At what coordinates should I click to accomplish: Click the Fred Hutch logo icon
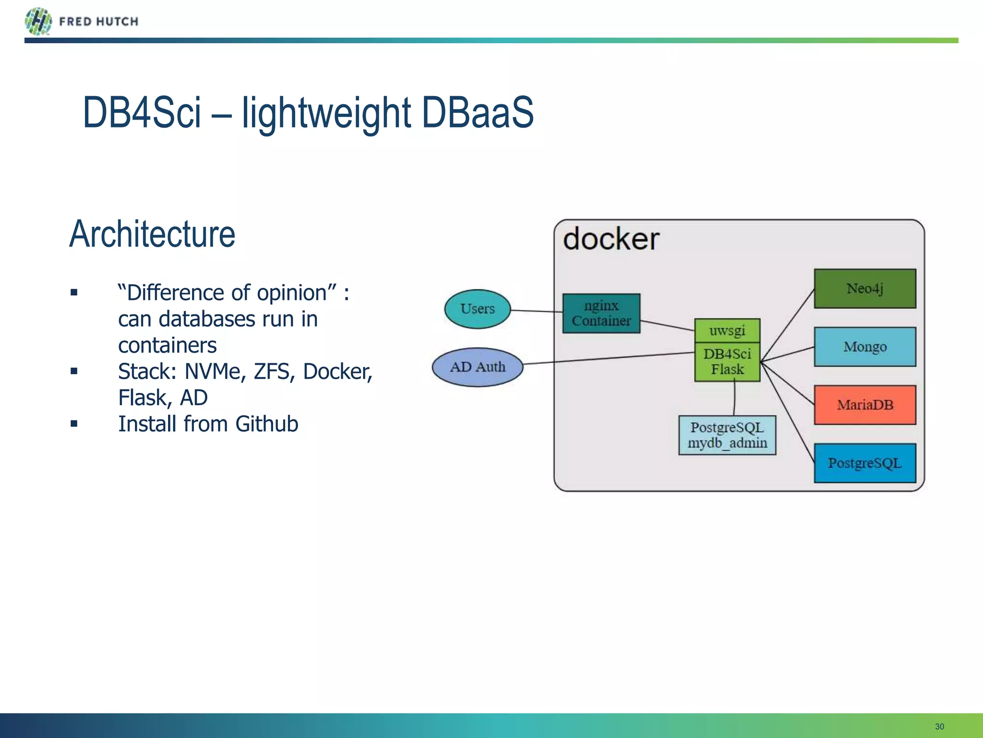point(38,21)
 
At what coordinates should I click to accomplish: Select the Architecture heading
point(152,234)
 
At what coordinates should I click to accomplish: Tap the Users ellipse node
point(477,309)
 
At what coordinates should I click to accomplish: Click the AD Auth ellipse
point(477,367)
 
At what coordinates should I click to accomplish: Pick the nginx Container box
point(601,313)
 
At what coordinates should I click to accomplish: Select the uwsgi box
point(727,331)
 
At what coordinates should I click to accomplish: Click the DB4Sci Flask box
point(727,362)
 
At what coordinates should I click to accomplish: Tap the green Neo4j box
point(864,288)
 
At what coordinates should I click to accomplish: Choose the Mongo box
point(864,346)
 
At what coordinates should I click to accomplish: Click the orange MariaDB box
point(864,405)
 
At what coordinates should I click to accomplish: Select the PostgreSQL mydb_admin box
point(727,435)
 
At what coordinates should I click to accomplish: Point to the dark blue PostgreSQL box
point(864,463)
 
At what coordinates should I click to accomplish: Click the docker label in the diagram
point(611,239)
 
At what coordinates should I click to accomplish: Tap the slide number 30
point(939,726)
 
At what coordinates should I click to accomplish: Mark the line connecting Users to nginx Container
point(537,311)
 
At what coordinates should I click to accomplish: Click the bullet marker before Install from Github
point(74,424)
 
